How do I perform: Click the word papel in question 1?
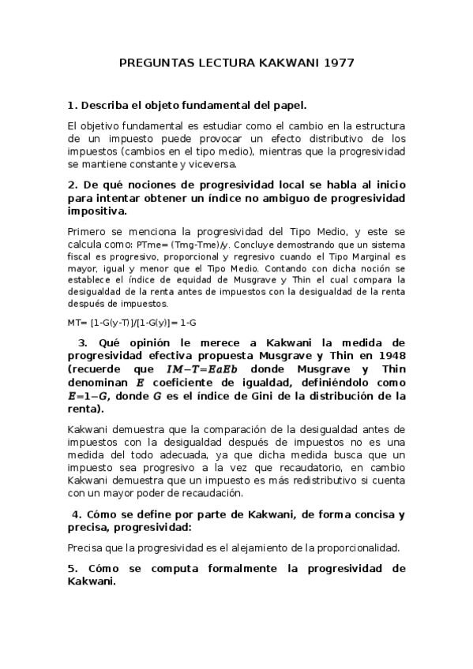point(286,105)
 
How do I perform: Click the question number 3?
point(83,342)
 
